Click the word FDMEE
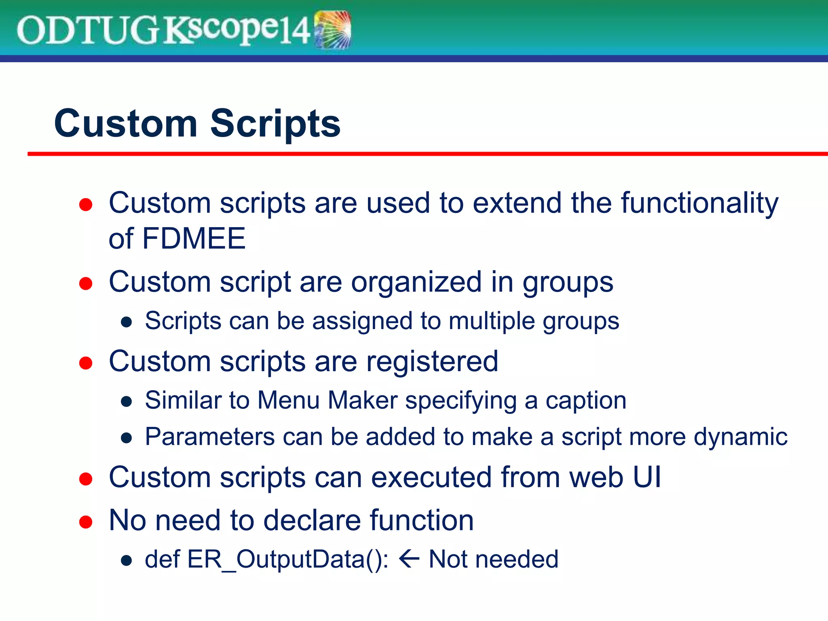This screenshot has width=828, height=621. [x=194, y=239]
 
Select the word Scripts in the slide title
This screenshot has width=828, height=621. [x=275, y=123]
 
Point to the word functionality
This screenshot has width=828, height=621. [x=699, y=203]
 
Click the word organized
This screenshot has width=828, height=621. [x=416, y=282]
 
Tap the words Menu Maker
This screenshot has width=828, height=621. [x=327, y=400]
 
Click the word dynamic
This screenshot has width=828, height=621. [x=740, y=437]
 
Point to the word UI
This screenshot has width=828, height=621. [x=647, y=477]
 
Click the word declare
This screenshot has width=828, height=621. [x=312, y=520]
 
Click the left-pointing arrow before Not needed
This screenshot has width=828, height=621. [x=409, y=560]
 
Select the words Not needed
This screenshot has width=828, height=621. [x=493, y=560]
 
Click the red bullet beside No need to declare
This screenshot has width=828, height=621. [x=86, y=522]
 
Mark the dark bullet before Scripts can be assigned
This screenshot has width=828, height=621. [x=127, y=322]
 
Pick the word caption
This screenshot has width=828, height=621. [x=586, y=400]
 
